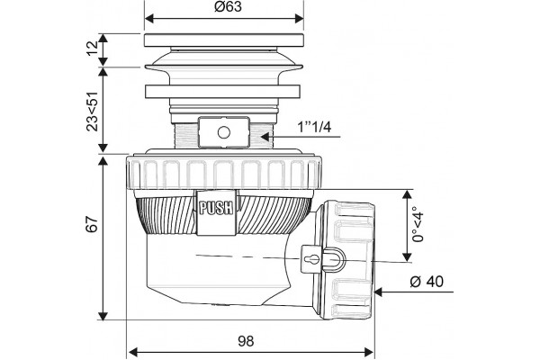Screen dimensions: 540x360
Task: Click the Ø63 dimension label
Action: click(228, 7)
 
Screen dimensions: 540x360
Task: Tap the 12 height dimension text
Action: click(93, 49)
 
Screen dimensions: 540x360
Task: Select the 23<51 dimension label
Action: click(93, 112)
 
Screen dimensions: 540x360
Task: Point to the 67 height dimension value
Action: click(93, 224)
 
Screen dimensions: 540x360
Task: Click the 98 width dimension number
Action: click(246, 341)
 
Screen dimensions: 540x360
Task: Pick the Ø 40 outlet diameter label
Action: click(427, 282)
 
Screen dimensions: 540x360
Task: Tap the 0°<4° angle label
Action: click(418, 224)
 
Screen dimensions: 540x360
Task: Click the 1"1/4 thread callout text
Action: click(314, 128)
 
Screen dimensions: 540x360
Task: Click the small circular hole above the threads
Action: click(224, 132)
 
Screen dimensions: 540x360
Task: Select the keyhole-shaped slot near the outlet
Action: click(312, 258)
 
